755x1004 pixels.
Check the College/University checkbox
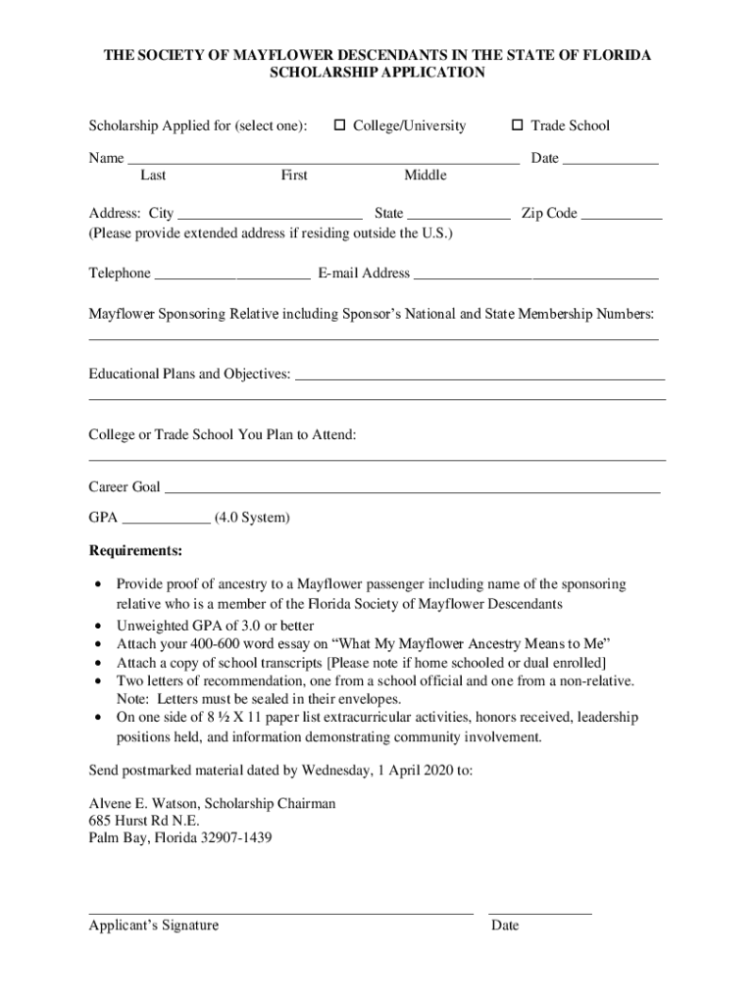click(340, 125)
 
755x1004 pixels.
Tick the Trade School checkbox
click(518, 125)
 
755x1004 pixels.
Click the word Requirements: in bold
click(135, 550)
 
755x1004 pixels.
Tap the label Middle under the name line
click(425, 176)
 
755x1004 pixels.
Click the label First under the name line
click(294, 176)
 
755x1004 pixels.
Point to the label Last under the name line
click(153, 176)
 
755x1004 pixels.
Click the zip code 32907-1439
click(238, 838)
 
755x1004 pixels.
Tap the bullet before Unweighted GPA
click(97, 626)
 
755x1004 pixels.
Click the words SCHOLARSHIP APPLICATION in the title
click(377, 73)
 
